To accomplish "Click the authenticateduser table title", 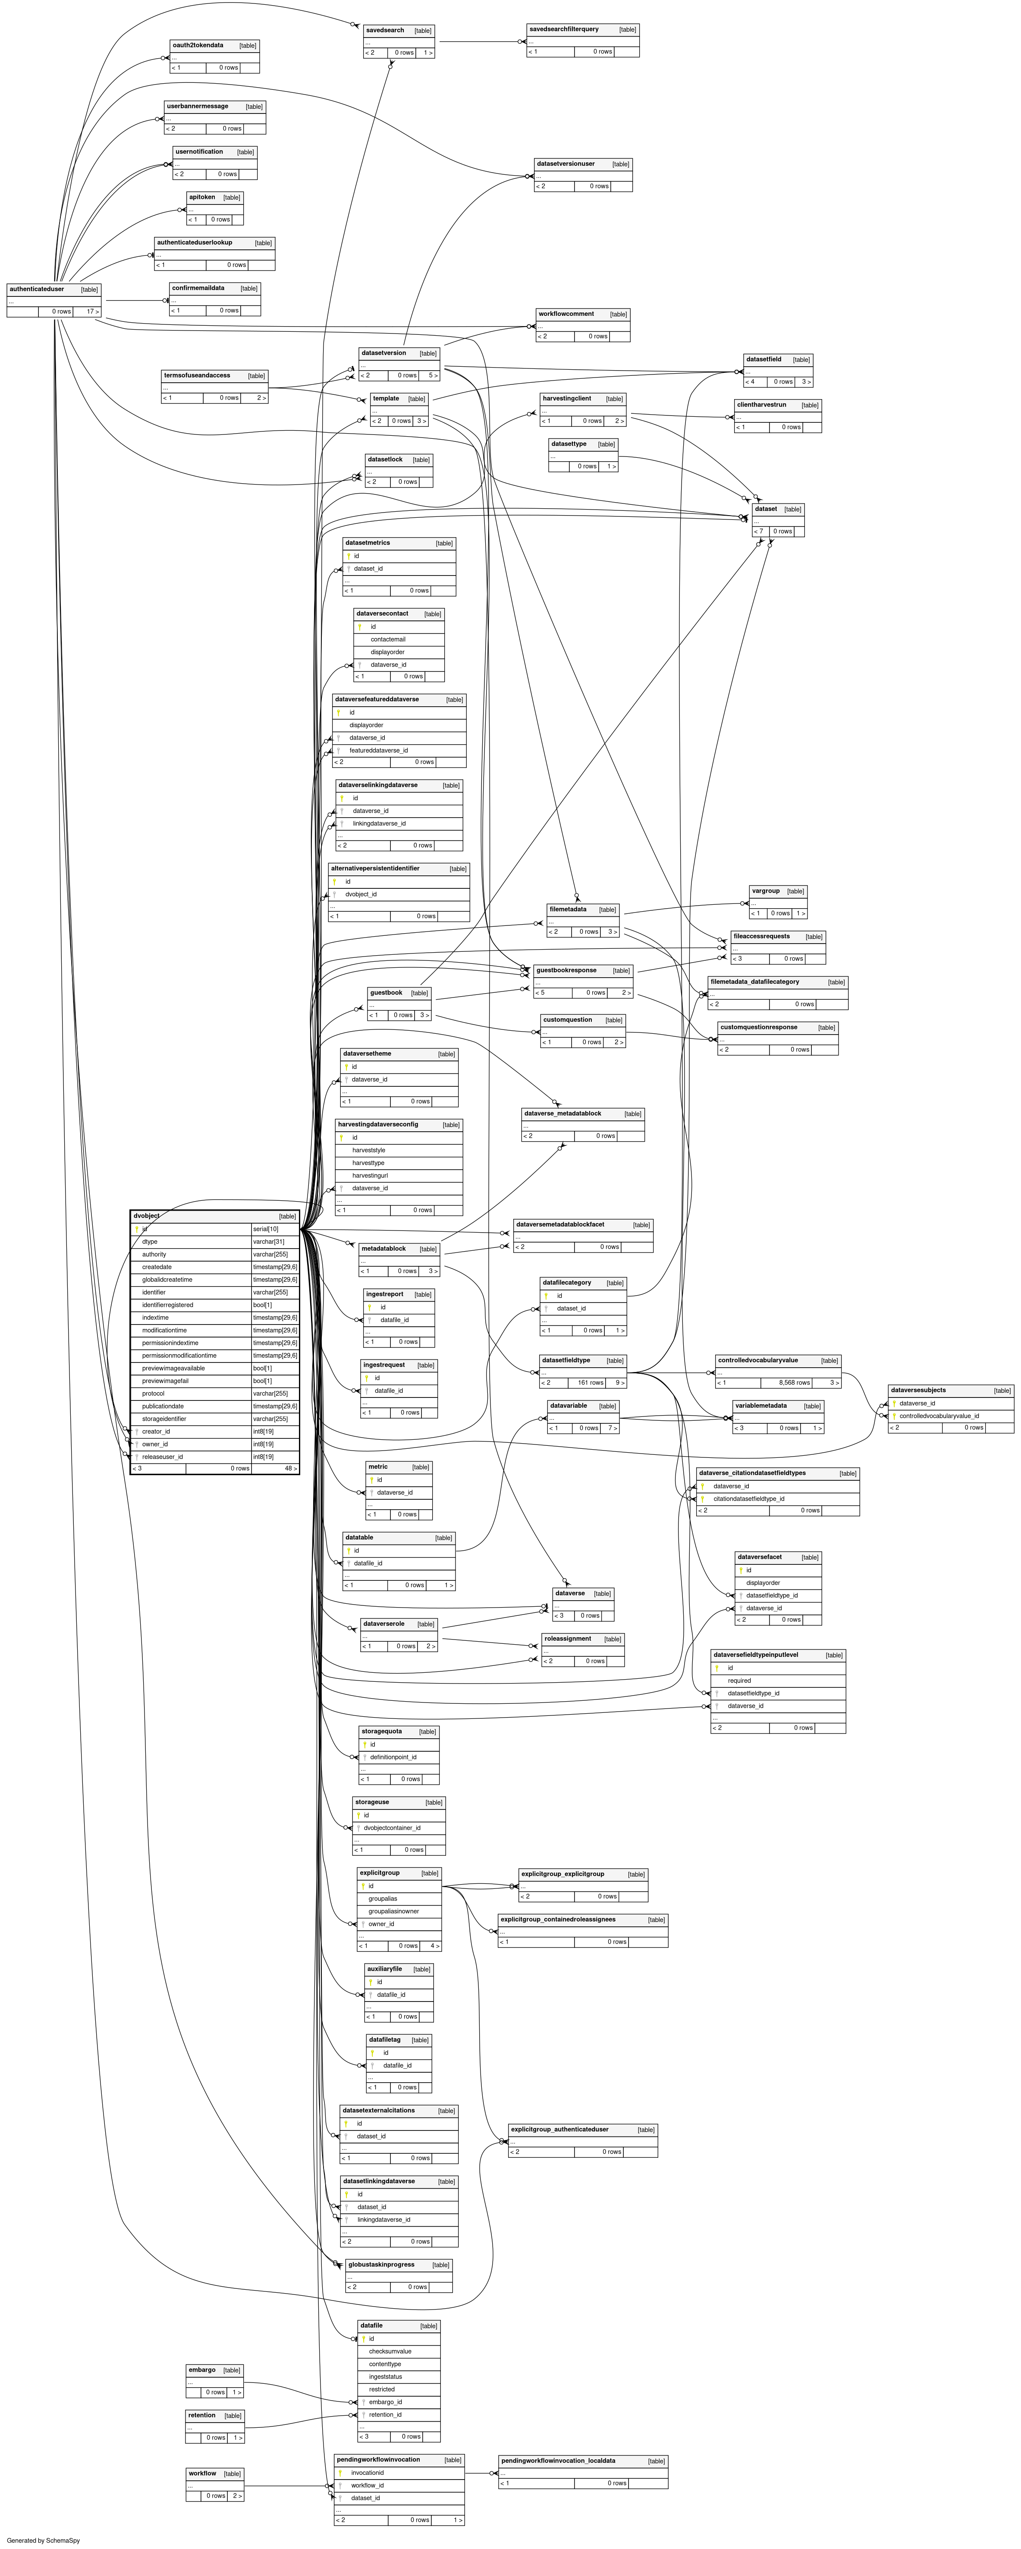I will (37, 289).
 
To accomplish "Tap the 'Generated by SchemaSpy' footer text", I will (43, 2540).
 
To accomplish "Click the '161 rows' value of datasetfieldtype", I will (591, 1382).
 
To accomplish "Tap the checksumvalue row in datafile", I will (390, 2351).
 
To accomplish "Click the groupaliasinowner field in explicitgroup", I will (394, 1912).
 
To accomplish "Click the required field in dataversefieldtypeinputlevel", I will (739, 1680).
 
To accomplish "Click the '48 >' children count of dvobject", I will (290, 1469).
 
